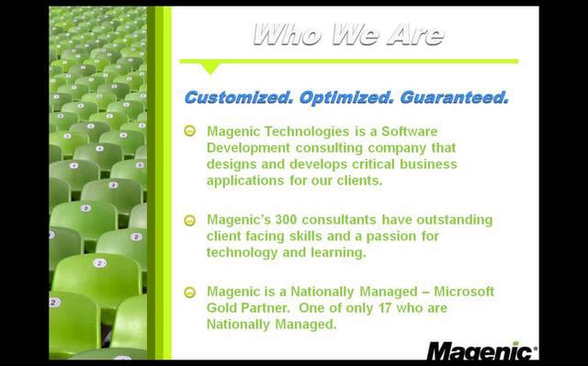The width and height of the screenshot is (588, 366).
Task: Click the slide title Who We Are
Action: pyautogui.click(x=348, y=36)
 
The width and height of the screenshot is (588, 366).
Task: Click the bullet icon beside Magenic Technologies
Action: pyautogui.click(x=190, y=132)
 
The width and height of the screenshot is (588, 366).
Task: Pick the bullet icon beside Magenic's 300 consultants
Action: pyautogui.click(x=190, y=221)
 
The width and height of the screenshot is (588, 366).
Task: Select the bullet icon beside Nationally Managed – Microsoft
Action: pyautogui.click(x=190, y=292)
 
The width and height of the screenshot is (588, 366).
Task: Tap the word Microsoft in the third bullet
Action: pyautogui.click(x=464, y=291)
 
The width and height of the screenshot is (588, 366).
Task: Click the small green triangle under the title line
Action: pyautogui.click(x=210, y=67)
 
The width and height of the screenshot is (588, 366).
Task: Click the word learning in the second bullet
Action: pyautogui.click(x=340, y=252)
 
